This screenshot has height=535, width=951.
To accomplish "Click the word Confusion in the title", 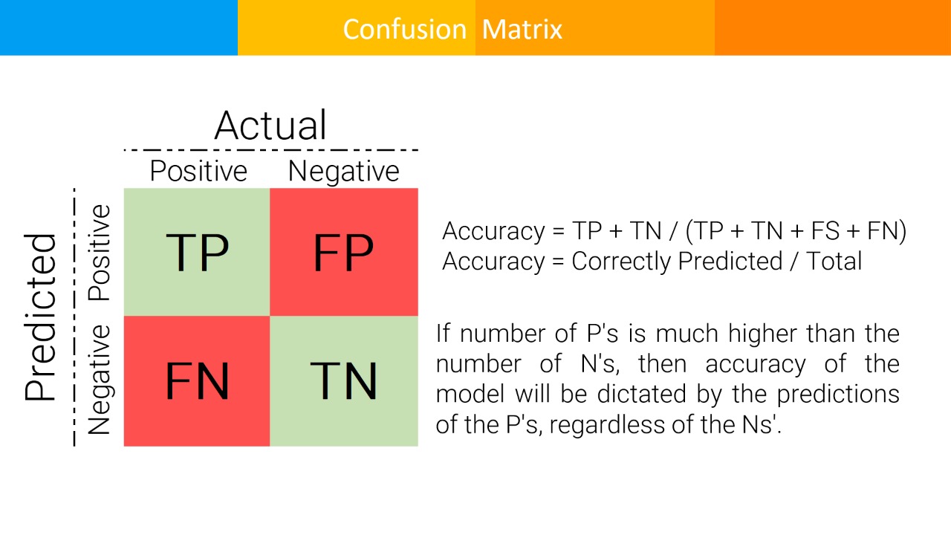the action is [405, 29].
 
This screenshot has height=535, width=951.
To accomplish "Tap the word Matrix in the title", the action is [522, 29].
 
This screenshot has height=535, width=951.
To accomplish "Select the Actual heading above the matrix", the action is [270, 126].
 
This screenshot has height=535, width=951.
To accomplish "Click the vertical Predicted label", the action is [40, 317].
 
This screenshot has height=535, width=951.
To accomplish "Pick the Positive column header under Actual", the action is [198, 171].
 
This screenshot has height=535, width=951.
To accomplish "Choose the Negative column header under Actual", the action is [343, 172].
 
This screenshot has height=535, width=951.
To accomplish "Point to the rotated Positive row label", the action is [100, 253].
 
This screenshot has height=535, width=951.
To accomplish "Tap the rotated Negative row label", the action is [100, 380].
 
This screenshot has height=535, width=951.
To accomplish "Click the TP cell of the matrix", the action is [197, 252].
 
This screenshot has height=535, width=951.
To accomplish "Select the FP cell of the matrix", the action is [344, 252].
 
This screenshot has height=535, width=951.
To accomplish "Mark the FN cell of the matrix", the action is [197, 381].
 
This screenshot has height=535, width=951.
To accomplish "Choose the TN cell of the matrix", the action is [344, 381].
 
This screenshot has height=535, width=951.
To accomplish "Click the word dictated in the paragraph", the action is [641, 394].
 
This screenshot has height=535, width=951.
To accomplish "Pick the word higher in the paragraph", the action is [762, 334].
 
